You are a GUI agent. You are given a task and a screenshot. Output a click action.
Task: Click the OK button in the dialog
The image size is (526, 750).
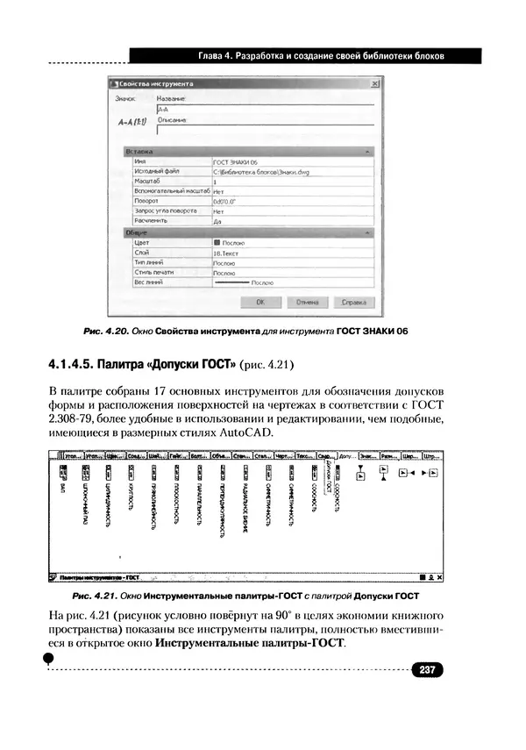click(x=260, y=302)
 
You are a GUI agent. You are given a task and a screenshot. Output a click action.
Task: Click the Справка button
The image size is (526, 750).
click(x=352, y=302)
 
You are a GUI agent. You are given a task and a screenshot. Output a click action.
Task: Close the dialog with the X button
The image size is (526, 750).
click(x=374, y=84)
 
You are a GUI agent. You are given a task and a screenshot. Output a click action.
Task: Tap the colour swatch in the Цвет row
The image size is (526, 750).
click(x=217, y=242)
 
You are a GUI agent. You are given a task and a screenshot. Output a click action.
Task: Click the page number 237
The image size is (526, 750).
click(x=428, y=670)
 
